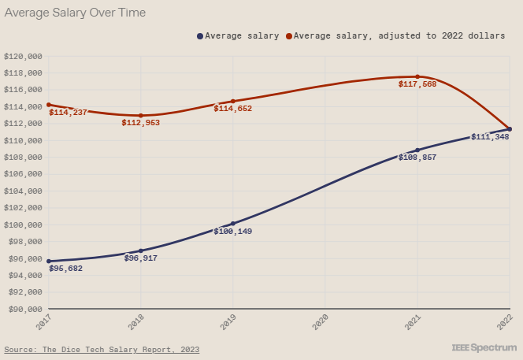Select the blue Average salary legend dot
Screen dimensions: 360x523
[x=200, y=35]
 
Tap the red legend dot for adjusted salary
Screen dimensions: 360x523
[x=289, y=35]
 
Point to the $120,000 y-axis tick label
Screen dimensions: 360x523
[x=23, y=57]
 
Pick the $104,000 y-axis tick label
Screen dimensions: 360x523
[x=23, y=191]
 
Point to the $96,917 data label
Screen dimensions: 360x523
[x=142, y=258]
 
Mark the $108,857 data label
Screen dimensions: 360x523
[x=417, y=158]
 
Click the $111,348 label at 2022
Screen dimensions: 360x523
[x=490, y=137]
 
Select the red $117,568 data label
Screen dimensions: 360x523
[x=417, y=84]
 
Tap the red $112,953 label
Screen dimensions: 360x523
[x=141, y=123]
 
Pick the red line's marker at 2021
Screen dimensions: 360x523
[x=417, y=76]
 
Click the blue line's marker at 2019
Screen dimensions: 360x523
[x=233, y=224]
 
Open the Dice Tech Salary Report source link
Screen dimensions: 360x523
[x=102, y=349]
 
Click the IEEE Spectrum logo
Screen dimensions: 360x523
[x=484, y=347]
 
